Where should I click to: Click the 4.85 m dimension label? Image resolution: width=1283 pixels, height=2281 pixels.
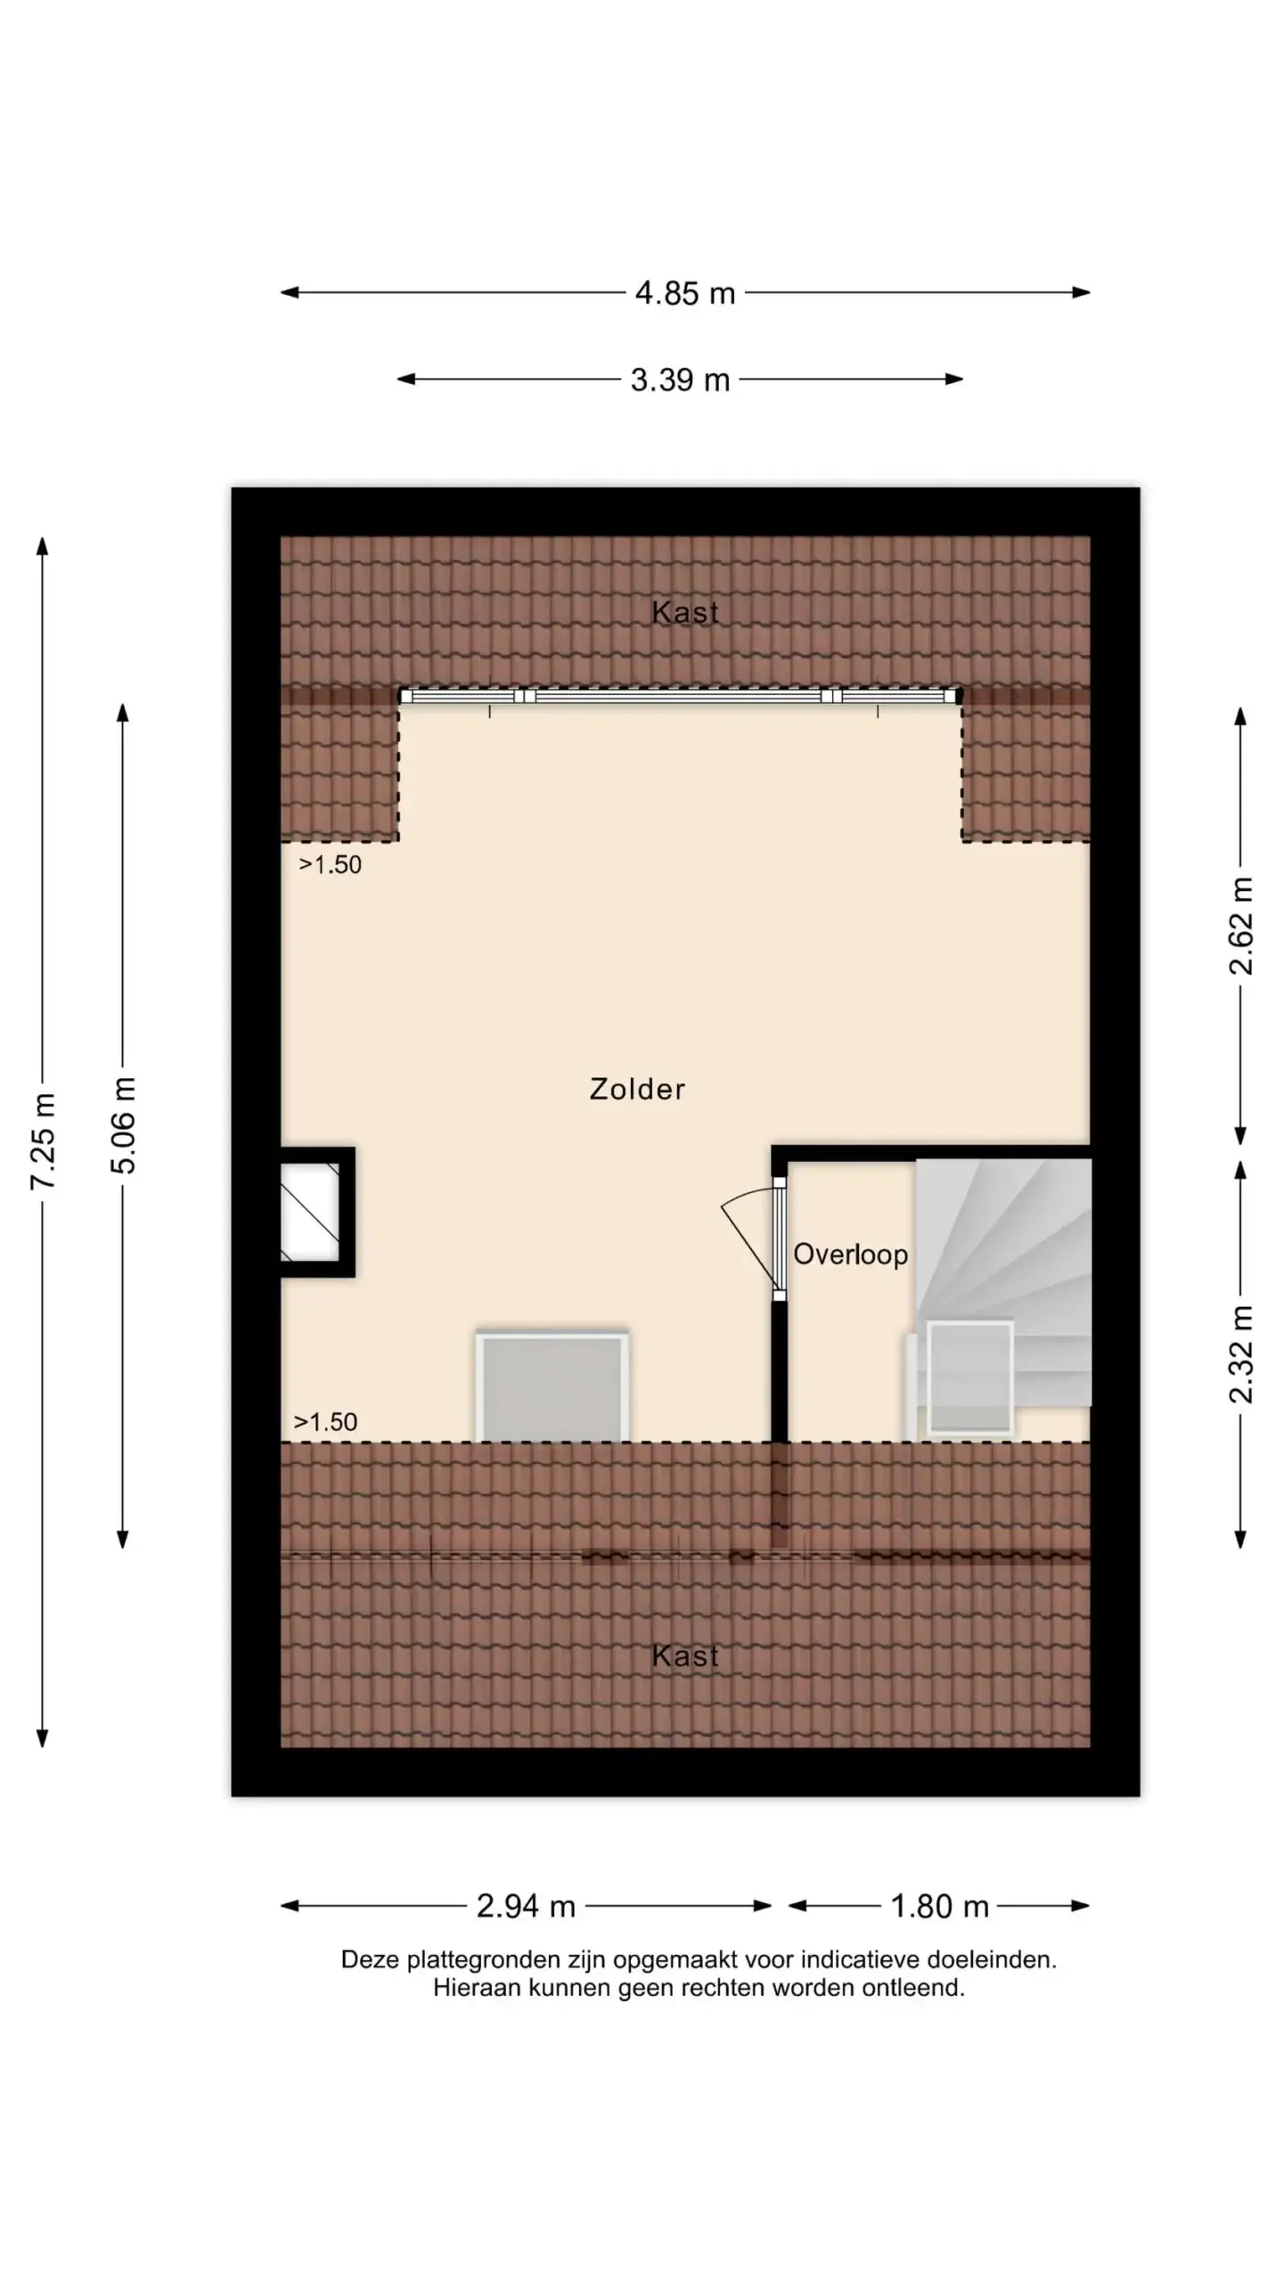click(685, 293)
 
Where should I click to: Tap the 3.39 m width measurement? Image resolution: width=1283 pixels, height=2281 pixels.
click(680, 380)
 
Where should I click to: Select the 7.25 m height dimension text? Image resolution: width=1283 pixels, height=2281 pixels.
click(44, 1141)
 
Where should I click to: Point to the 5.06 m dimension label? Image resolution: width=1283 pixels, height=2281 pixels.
click(124, 1125)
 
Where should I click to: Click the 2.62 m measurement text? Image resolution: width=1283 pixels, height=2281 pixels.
click(1241, 926)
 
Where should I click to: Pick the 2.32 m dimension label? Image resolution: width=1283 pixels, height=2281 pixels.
click(1241, 1354)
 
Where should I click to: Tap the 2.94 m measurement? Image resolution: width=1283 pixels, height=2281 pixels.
click(526, 1906)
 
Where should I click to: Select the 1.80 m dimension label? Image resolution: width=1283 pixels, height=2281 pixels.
click(940, 1906)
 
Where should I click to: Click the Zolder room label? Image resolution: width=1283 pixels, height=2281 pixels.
click(637, 1089)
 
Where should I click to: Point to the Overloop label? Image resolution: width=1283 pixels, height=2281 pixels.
click(851, 1255)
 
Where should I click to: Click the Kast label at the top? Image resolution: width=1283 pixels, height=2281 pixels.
click(685, 612)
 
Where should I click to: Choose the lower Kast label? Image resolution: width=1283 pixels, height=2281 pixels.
click(685, 1656)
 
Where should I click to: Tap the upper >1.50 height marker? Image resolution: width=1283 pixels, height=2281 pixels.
click(330, 864)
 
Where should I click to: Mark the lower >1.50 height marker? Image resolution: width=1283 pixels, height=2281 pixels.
click(325, 1422)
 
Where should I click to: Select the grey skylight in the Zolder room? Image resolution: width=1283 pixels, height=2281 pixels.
click(552, 1386)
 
